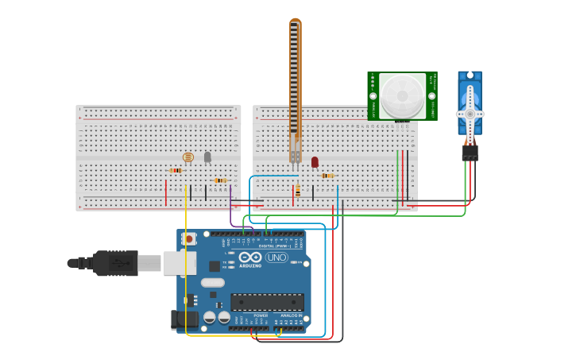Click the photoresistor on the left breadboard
188,157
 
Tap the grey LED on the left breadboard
207,157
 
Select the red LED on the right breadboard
315,162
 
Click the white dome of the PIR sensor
403,96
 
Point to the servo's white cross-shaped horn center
470,114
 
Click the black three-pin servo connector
470,152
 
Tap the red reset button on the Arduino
188,238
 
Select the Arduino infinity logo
249,257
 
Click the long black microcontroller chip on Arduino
267,302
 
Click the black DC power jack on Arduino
183,319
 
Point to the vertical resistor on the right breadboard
298,191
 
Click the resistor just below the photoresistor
176,170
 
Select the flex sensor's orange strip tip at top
296,21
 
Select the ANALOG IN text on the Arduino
291,315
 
